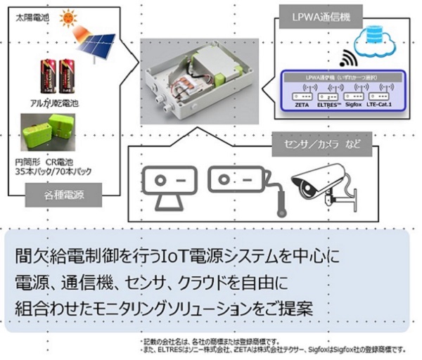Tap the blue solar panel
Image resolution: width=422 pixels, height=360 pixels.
click(x=97, y=46)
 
